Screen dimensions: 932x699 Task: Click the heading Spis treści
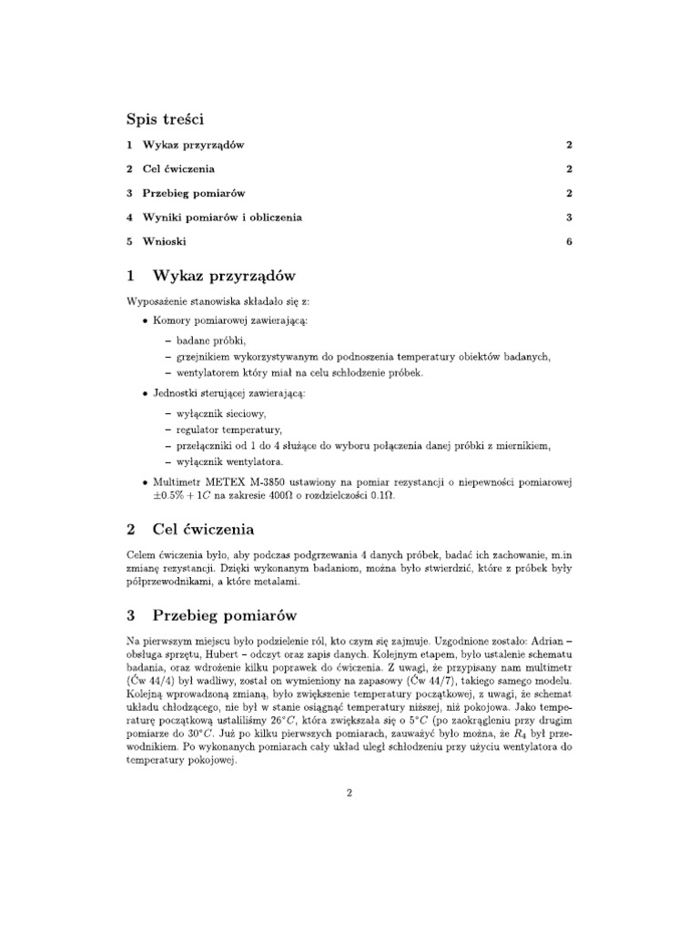165,119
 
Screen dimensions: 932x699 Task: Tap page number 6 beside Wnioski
568,241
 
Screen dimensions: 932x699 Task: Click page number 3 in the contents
568,218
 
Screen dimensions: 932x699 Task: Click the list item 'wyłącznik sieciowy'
221,413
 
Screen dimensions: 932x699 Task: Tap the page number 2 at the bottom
349,793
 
